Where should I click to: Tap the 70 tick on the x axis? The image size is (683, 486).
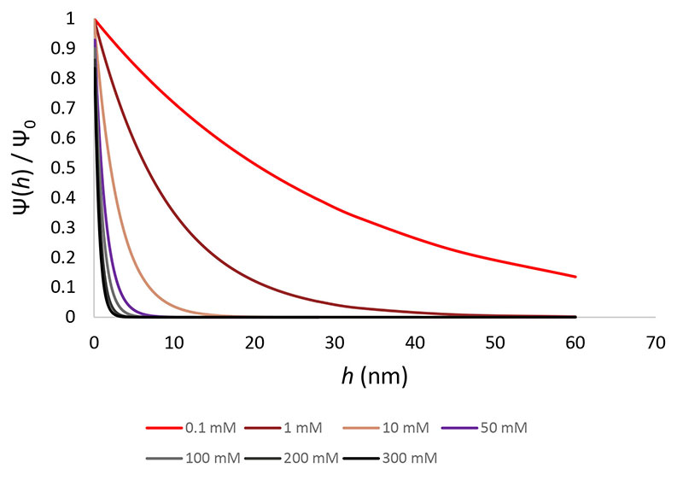[x=655, y=341]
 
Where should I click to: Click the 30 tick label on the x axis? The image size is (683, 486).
[x=334, y=341]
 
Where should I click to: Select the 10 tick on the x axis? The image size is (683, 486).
[x=174, y=341]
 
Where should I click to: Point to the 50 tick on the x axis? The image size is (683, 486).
[x=494, y=341]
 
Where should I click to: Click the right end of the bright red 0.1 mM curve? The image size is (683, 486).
[x=575, y=277]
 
